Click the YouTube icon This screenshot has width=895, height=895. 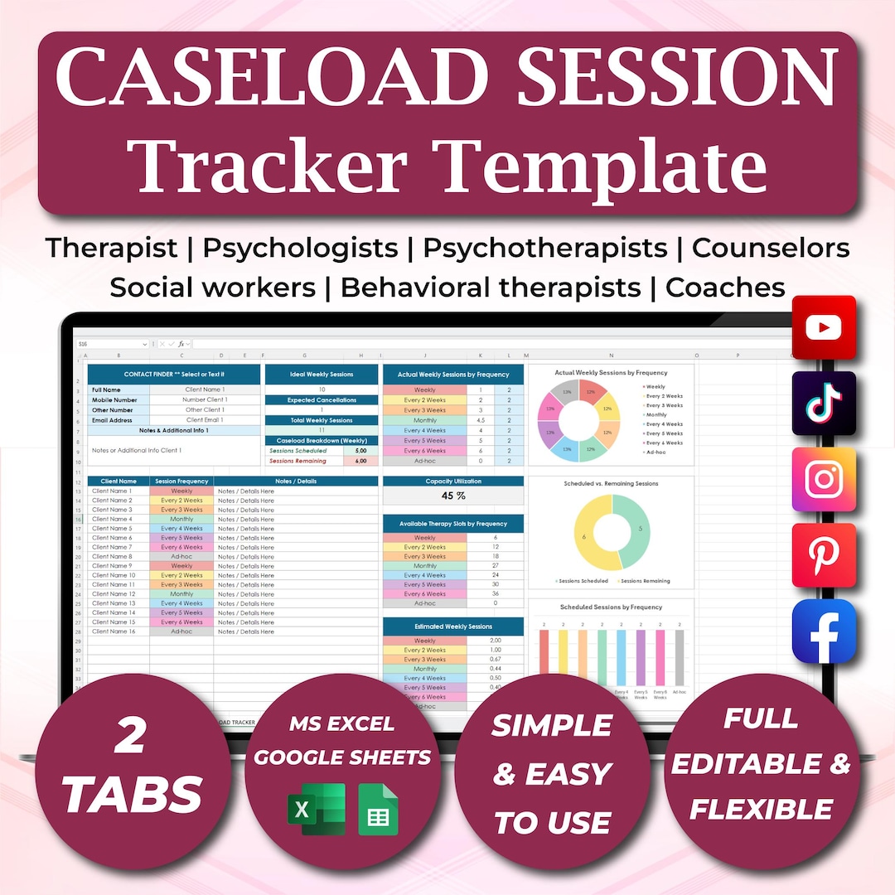coord(824,327)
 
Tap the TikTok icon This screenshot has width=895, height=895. coord(824,403)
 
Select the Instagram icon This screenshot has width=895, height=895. coord(824,479)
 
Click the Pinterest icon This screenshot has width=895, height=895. coord(824,555)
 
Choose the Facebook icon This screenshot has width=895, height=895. coord(824,631)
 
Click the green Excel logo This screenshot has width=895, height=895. coord(315,809)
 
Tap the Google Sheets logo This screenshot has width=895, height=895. coord(378,809)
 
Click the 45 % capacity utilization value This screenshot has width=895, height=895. coord(452,496)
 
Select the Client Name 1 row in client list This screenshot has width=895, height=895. coord(113,491)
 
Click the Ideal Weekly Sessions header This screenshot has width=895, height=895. coord(321,375)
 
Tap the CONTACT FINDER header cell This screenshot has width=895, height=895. coord(174,375)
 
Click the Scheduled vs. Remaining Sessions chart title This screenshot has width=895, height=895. coord(611,483)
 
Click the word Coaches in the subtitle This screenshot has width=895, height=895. coord(725,288)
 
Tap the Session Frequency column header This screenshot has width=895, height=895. coord(181,481)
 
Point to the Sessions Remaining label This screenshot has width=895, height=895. coord(298,461)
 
